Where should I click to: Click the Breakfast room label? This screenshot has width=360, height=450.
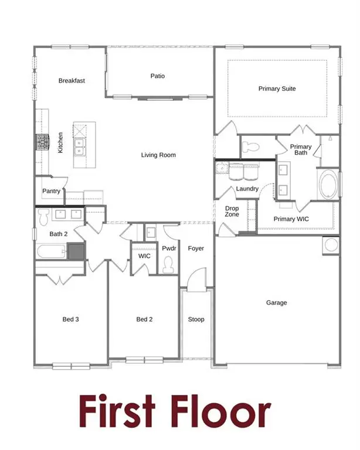pyautogui.click(x=72, y=81)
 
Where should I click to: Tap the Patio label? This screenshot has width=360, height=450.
pyautogui.click(x=157, y=76)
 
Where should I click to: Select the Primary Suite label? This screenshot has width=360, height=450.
pyautogui.click(x=277, y=89)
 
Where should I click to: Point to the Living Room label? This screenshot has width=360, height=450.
pyautogui.click(x=158, y=155)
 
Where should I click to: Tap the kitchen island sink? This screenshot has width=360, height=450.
pyautogui.click(x=79, y=145)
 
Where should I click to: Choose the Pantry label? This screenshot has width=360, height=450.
pyautogui.click(x=52, y=191)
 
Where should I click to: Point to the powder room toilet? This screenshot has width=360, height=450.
pyautogui.click(x=168, y=267)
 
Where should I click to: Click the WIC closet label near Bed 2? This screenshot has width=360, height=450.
pyautogui.click(x=145, y=257)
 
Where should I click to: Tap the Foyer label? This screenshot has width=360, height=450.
pyautogui.click(x=196, y=248)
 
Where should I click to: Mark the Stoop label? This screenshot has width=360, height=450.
pyautogui.click(x=196, y=319)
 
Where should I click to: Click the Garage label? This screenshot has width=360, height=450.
pyautogui.click(x=277, y=303)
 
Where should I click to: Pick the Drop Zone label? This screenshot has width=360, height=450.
pyautogui.click(x=232, y=212)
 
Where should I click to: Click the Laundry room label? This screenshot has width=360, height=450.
pyautogui.click(x=247, y=189)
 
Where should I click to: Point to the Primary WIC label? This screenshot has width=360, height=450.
pyautogui.click(x=291, y=219)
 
